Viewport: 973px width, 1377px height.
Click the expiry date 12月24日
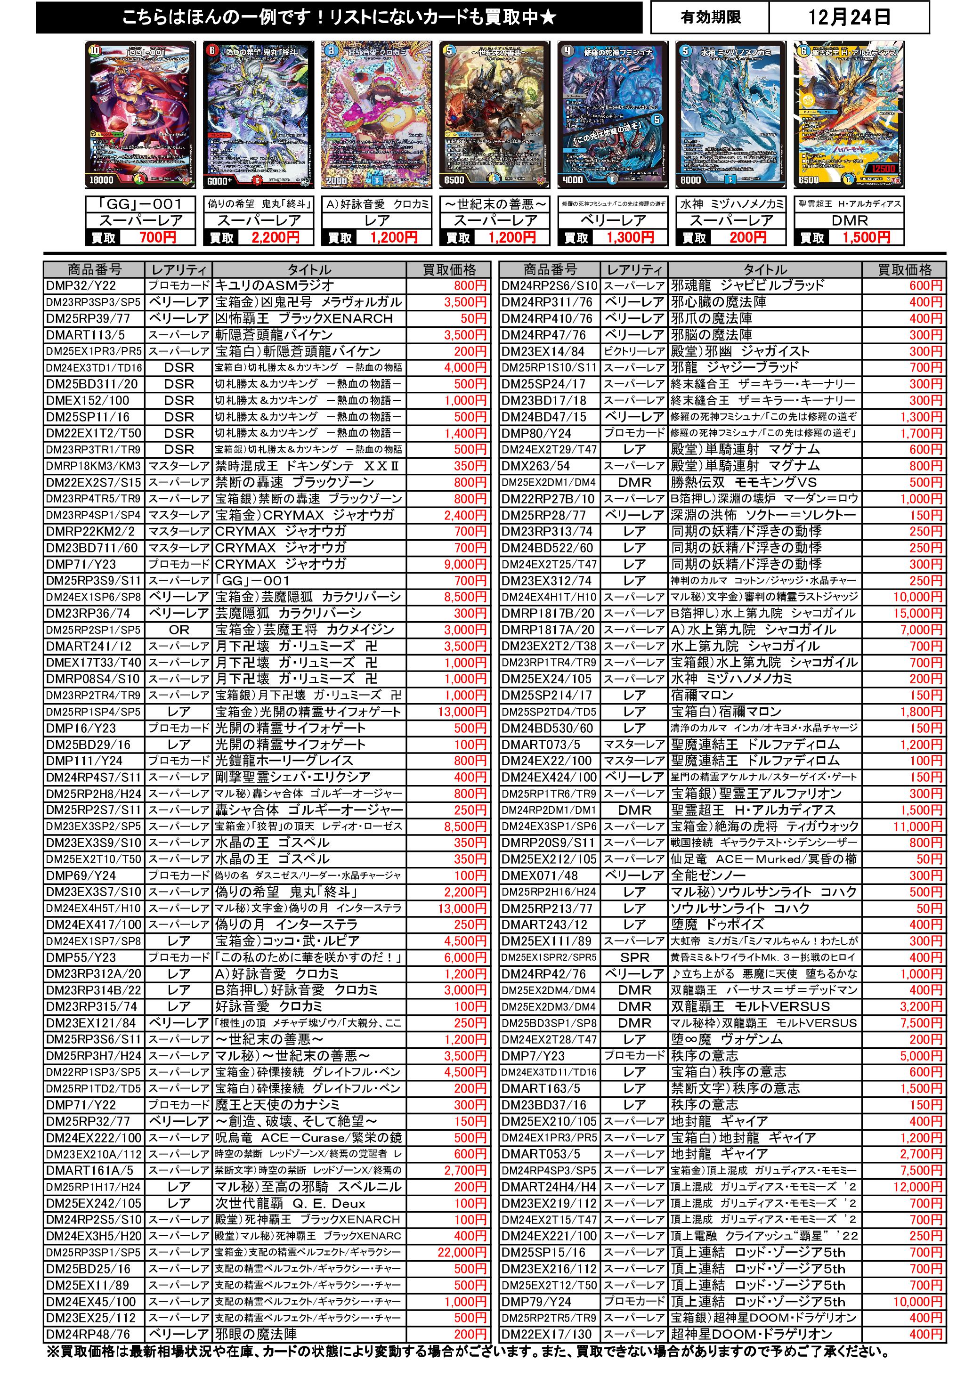[x=848, y=17]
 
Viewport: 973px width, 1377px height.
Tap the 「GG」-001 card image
[x=141, y=115]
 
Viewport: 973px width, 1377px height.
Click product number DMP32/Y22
[x=81, y=286]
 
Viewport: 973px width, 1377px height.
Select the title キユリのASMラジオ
[x=275, y=286]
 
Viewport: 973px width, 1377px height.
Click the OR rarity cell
[x=179, y=630]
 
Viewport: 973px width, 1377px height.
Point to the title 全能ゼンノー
[x=708, y=875]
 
